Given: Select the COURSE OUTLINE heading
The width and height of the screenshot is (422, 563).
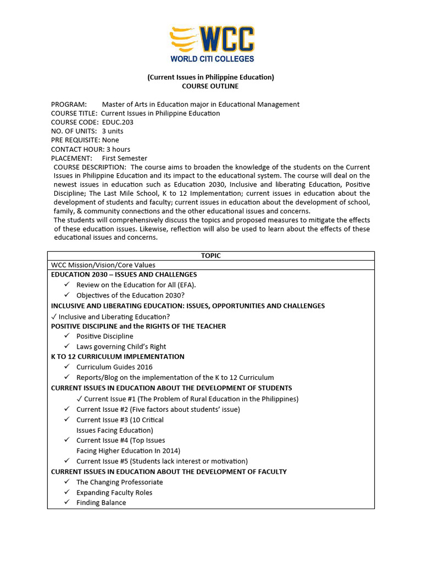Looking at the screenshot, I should [x=210, y=86].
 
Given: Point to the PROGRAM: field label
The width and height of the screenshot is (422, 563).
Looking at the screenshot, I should [x=69, y=104].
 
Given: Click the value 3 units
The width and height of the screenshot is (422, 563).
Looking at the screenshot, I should [x=113, y=131].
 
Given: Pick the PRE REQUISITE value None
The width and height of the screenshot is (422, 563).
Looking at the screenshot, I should [x=110, y=140].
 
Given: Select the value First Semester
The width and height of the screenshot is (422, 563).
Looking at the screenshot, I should [x=124, y=158].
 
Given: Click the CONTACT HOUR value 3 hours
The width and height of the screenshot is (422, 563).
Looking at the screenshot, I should [x=118, y=149].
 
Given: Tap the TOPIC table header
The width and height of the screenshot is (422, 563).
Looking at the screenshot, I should [x=210, y=256].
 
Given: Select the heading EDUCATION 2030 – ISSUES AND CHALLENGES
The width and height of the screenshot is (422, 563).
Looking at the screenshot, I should [x=124, y=274].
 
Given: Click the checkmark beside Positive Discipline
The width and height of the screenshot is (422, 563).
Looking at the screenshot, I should [x=67, y=336].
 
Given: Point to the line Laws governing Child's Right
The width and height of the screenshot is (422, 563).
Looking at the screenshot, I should [x=121, y=346].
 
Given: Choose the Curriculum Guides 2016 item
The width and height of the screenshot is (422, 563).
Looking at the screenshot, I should [x=114, y=367].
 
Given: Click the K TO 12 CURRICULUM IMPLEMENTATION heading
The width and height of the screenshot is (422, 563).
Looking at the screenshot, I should [x=118, y=356].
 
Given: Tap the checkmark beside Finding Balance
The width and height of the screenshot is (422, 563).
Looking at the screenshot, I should [x=67, y=503].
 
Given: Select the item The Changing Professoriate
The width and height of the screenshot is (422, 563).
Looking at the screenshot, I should [x=119, y=482].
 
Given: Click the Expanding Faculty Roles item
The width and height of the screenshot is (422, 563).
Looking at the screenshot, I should [x=114, y=493].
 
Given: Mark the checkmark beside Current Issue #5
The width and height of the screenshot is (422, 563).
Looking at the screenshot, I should [x=67, y=461].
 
